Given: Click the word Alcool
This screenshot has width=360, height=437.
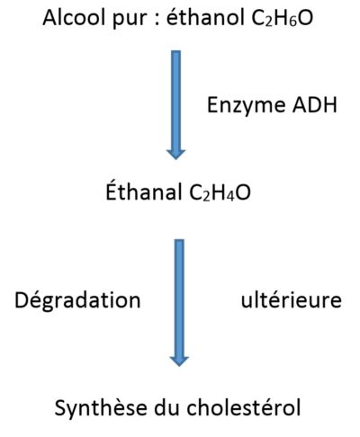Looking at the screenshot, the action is (75, 18).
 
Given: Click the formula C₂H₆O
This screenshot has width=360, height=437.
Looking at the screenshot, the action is (282, 18).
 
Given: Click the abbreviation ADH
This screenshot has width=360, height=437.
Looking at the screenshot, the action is (314, 105).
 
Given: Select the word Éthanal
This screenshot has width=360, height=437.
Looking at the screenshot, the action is (144, 191).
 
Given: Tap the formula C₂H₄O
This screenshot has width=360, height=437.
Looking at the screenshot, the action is (220, 192).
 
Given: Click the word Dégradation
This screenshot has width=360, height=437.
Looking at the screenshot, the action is (77, 299).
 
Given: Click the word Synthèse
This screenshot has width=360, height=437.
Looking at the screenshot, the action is (101, 408).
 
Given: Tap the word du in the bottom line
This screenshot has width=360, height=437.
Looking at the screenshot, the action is (166, 407).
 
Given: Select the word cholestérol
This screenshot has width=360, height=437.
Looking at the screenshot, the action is (243, 407).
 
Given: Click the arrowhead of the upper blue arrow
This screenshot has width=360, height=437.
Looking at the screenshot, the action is (175, 153).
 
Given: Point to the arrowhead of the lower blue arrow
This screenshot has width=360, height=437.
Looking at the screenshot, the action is (179, 361).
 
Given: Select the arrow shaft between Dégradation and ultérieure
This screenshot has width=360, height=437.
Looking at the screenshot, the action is (179, 298).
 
